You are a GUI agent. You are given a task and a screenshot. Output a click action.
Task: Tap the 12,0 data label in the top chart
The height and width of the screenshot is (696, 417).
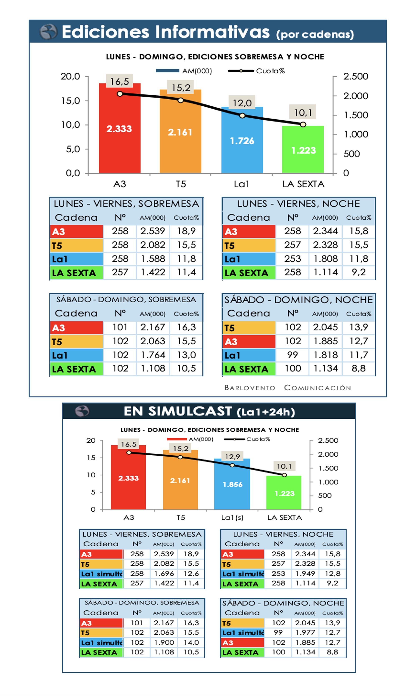click(x=242, y=103)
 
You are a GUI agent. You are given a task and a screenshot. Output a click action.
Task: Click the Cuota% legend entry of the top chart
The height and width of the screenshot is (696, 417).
click(x=270, y=71)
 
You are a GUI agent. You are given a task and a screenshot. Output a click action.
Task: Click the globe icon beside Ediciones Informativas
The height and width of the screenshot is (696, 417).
click(x=48, y=32)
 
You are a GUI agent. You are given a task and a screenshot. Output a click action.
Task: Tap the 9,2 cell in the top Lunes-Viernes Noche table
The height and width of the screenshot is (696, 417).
click(x=359, y=272)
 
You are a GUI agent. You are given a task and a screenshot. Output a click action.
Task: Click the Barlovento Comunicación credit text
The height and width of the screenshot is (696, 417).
click(x=288, y=388)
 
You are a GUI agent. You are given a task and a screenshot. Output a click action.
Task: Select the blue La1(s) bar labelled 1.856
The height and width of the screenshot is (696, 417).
click(x=232, y=489)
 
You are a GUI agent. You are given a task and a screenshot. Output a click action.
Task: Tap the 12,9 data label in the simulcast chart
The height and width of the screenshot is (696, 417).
click(x=232, y=456)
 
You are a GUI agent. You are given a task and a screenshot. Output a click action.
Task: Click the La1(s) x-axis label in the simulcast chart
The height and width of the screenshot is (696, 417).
click(x=232, y=517)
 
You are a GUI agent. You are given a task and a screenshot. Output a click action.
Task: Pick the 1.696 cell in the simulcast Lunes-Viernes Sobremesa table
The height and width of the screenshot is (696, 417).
click(x=164, y=573)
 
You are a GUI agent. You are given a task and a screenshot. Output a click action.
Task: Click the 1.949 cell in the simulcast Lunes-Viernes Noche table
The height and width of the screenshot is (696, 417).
click(x=305, y=573)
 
